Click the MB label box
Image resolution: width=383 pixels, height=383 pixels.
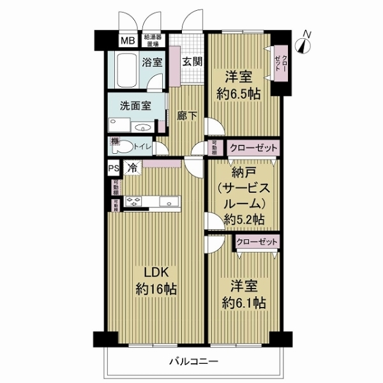pyautogui.click(x=128, y=41)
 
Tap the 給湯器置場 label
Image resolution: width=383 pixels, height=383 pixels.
pyautogui.click(x=153, y=41)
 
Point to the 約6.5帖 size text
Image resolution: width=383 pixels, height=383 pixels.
pyautogui.click(x=237, y=93)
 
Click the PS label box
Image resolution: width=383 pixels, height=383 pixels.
pyautogui.click(x=113, y=169)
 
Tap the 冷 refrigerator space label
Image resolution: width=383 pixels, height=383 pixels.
pyautogui.click(x=132, y=169)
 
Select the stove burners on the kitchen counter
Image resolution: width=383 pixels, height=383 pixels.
pyautogui.click(x=136, y=204)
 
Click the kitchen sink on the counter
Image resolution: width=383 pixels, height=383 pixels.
pyautogui.click(x=171, y=204)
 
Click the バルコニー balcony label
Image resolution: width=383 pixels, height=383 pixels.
pyautogui.click(x=193, y=361)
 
